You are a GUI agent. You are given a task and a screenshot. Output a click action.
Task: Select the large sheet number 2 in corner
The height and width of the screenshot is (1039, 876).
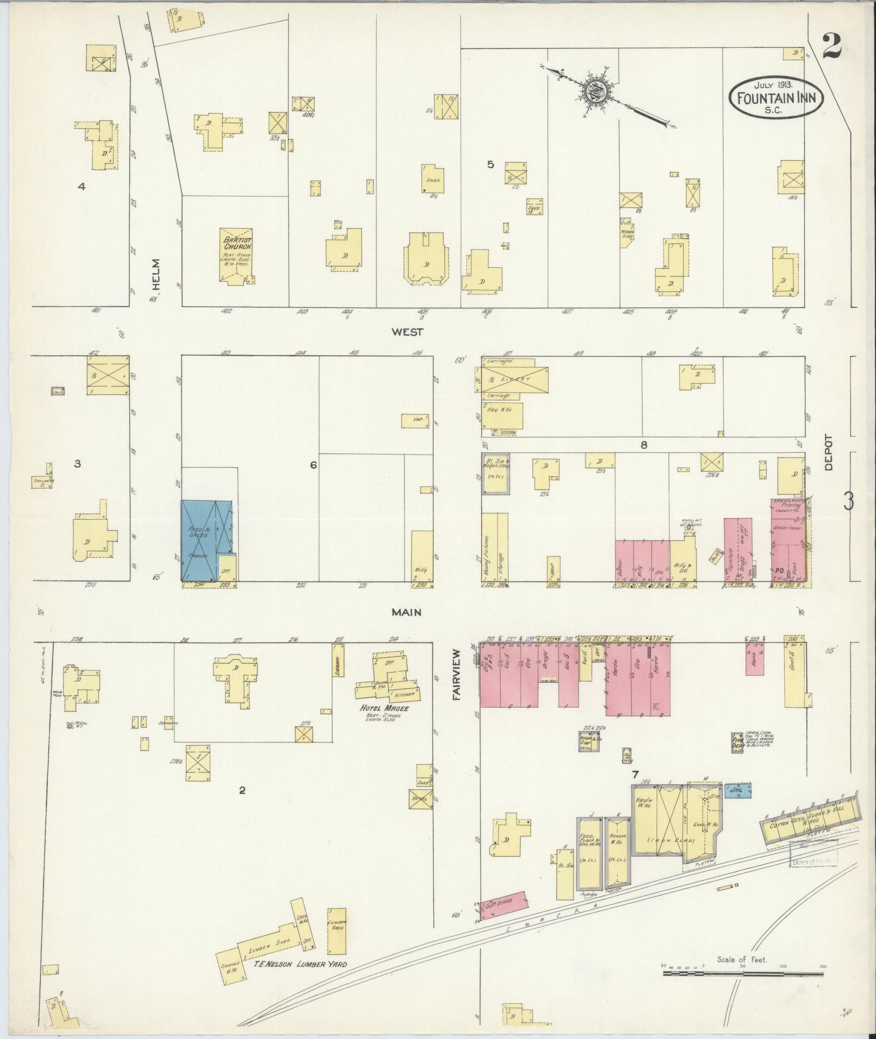pos(831,47)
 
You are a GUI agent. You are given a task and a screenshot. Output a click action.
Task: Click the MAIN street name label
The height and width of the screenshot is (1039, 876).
pos(407,612)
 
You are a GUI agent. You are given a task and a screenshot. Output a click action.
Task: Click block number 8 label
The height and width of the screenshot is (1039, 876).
pos(644,445)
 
